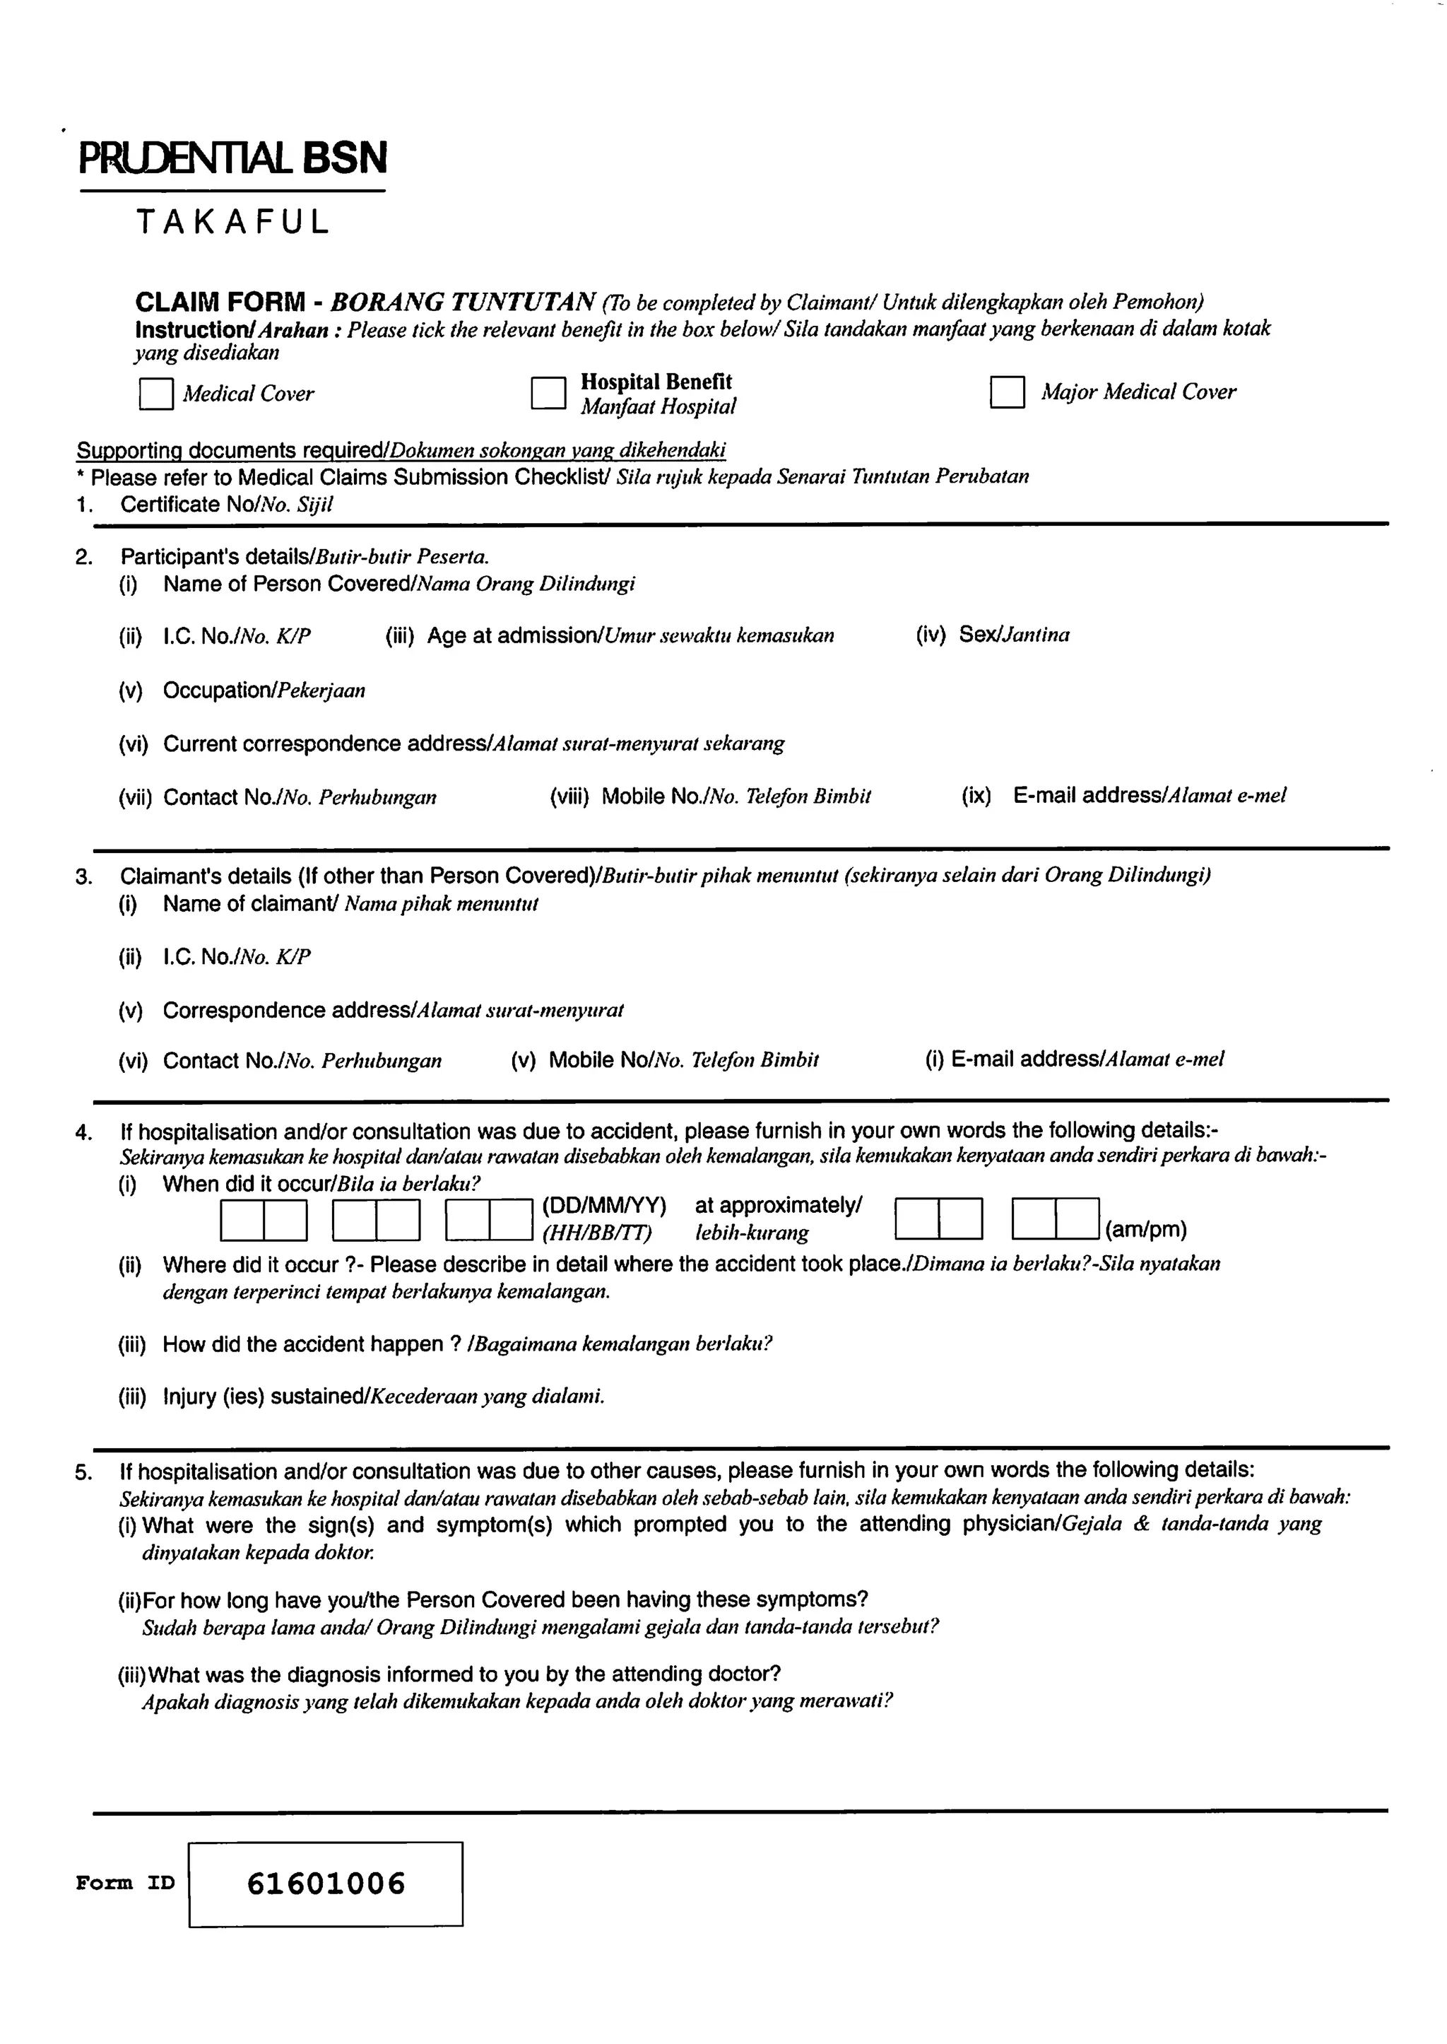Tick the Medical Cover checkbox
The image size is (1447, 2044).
156,394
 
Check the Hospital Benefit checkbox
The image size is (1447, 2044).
548,392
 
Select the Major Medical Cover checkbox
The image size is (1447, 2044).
1007,392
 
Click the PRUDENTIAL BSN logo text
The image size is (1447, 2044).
233,158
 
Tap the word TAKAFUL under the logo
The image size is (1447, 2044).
233,222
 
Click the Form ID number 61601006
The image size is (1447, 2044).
326,1883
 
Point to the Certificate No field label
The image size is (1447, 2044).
226,505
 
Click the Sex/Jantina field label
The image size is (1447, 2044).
1014,635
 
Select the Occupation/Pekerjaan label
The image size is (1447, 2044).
264,690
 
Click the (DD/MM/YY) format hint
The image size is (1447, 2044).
604,1206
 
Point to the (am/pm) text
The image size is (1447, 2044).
1146,1230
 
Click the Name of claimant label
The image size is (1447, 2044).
350,904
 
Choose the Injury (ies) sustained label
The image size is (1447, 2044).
383,1396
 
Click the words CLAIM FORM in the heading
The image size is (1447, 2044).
220,303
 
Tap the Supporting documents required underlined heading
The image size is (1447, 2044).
401,450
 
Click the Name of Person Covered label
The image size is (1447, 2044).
398,584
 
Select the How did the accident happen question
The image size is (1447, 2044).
467,1344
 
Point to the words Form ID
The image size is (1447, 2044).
126,1883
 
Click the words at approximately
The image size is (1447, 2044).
778,1206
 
